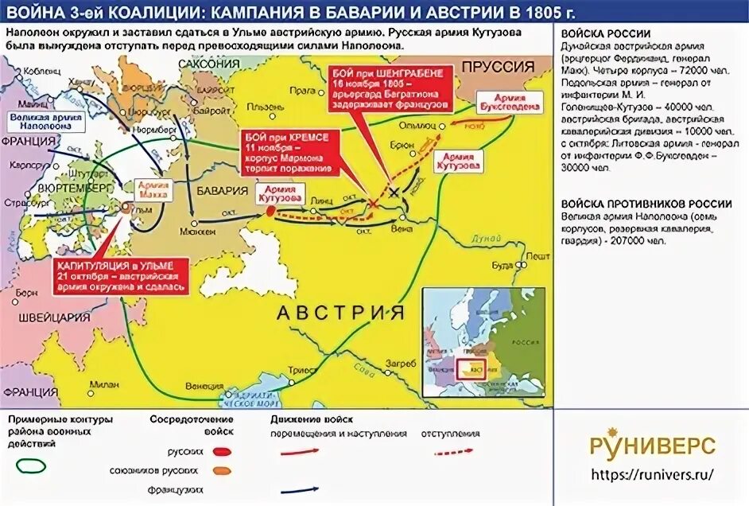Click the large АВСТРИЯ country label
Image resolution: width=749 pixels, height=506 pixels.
coord(340,313)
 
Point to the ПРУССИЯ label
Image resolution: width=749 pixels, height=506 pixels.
coord(499,67)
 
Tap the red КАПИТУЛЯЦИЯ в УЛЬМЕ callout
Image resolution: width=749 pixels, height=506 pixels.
coord(122,274)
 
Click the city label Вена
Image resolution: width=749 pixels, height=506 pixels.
coord(402,228)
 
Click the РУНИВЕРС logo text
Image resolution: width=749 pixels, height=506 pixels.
coord(651,446)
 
